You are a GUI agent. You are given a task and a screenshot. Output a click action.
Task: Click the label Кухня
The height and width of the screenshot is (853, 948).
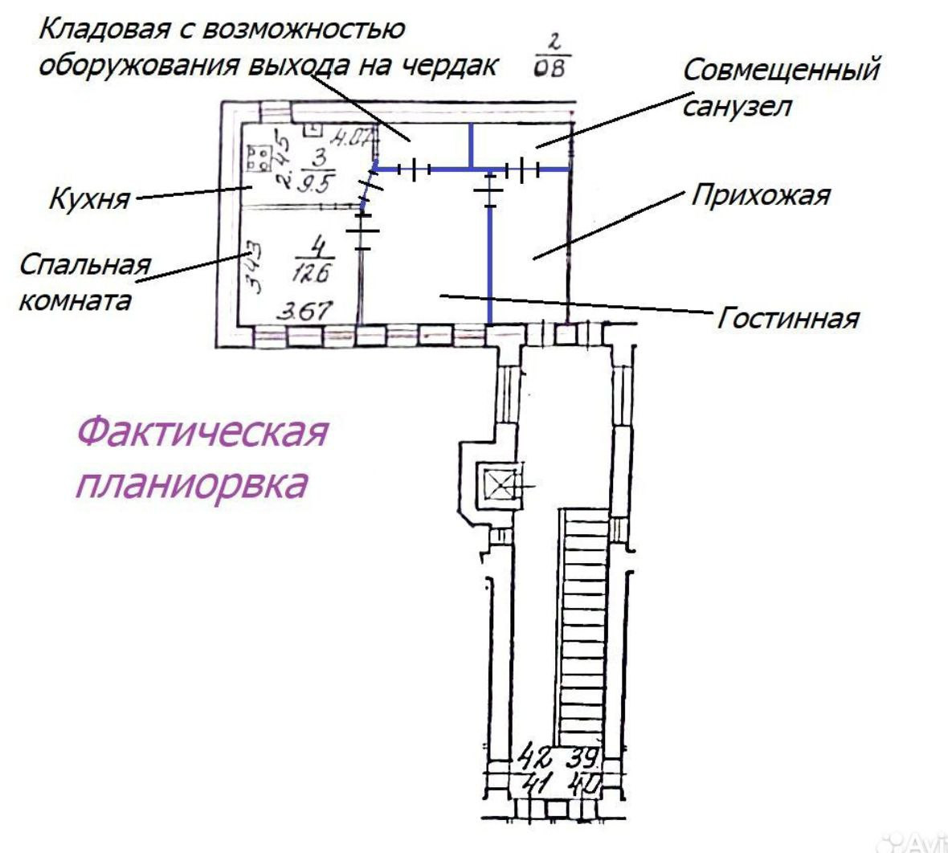89,198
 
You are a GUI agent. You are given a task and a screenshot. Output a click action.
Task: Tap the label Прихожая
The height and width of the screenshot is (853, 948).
760,195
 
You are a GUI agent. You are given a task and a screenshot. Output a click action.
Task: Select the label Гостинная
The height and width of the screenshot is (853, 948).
787,318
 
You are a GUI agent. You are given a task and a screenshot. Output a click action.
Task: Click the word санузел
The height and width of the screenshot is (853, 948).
737,106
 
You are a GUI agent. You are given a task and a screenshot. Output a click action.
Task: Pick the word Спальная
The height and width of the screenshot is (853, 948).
85,264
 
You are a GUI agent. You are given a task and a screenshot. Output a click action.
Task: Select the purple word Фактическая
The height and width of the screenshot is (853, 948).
202,431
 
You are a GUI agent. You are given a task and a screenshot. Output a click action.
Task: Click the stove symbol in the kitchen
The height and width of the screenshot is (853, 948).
259,157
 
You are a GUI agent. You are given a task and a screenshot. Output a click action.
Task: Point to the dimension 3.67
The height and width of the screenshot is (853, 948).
303,310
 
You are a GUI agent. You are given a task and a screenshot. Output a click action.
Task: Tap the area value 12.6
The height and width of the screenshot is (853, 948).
310,273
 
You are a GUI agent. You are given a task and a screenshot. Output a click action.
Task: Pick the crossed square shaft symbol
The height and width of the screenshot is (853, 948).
500,484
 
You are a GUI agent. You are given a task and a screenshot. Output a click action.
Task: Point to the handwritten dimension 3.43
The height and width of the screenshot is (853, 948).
256,264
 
